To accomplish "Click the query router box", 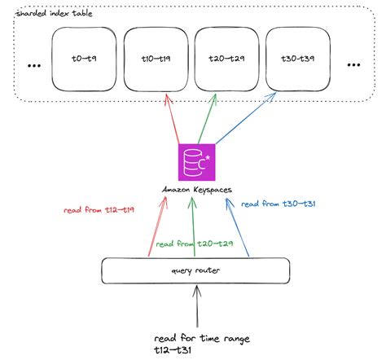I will click(x=195, y=270).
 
